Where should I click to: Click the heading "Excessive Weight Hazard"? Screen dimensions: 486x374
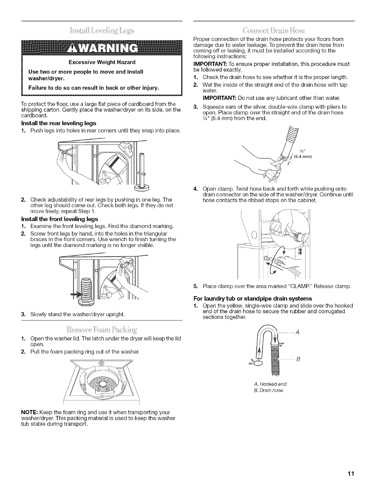tap(102, 62)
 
